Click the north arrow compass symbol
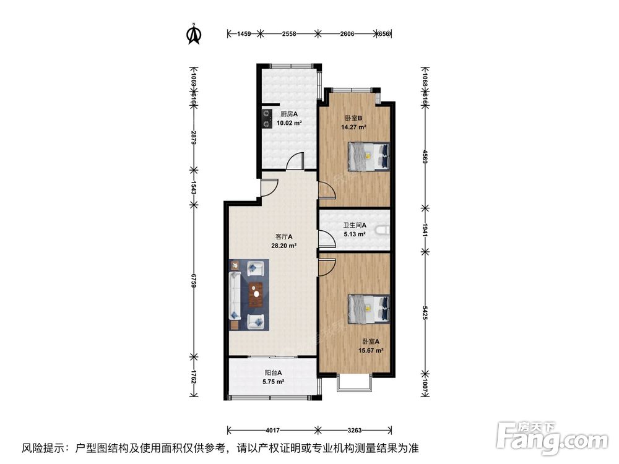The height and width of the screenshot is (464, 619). click(193, 34)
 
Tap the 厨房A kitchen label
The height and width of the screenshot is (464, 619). click(289, 114)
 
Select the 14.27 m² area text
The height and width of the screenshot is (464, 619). click(353, 127)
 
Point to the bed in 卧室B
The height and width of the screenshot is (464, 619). click(368, 157)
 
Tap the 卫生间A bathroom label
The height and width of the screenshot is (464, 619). click(355, 225)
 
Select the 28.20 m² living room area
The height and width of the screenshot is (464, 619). click(284, 246)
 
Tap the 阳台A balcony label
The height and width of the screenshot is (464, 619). click(273, 372)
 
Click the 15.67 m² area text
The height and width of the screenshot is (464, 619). click(371, 350)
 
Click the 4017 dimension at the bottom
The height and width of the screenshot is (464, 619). click(273, 430)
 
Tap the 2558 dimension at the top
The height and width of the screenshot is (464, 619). click(289, 34)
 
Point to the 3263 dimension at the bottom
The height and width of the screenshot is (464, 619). click(355, 430)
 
